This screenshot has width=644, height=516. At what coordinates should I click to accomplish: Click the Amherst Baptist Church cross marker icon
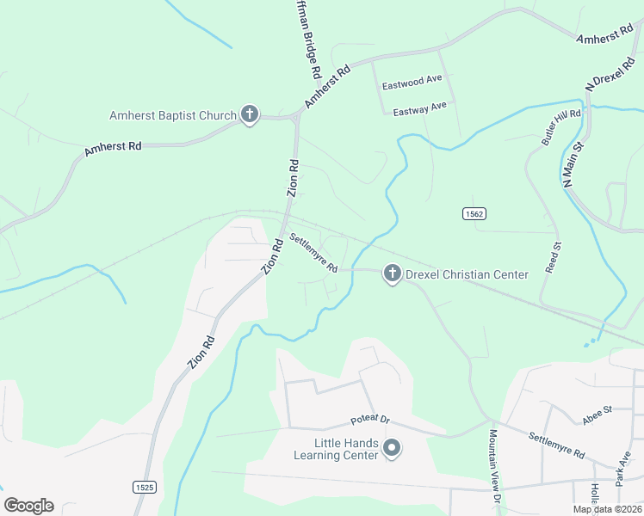tap(250, 115)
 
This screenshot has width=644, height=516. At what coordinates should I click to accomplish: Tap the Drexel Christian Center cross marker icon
tap(392, 274)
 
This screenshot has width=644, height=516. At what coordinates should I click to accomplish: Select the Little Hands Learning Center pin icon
tap(392, 447)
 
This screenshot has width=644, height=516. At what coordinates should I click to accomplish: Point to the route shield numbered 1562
tap(472, 213)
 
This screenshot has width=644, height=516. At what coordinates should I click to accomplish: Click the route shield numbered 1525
tap(145, 487)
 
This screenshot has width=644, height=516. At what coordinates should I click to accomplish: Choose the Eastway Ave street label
tap(419, 109)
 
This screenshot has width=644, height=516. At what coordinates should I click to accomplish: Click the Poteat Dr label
tap(369, 421)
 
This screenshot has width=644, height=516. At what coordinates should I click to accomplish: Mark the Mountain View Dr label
tap(494, 466)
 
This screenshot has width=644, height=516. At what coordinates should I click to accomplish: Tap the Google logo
tap(28, 505)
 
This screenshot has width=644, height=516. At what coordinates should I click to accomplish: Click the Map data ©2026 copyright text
tap(606, 509)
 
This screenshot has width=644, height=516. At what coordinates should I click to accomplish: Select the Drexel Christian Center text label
tap(467, 274)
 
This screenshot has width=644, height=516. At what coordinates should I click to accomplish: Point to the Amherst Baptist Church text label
tap(172, 115)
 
